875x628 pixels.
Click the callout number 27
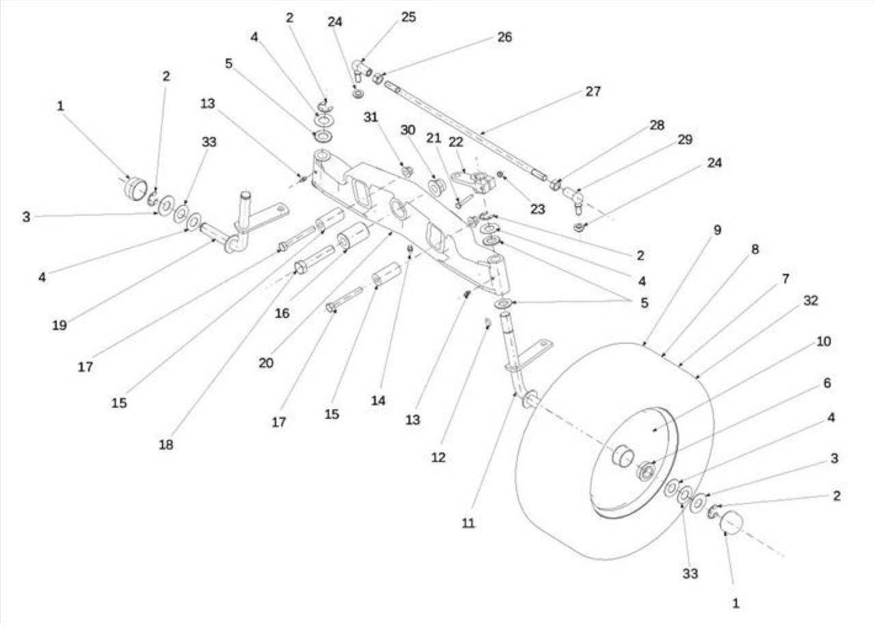point(593,92)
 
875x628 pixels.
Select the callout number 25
point(408,17)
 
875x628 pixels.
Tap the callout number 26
point(504,37)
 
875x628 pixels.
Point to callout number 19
point(59,325)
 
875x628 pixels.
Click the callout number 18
point(166,444)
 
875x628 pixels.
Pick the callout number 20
point(266,363)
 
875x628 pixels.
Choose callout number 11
point(468,523)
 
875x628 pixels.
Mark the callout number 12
point(438,457)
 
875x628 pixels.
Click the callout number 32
point(811,300)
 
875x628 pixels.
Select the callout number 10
point(824,342)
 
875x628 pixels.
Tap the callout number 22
point(456,142)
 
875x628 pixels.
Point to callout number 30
point(408,130)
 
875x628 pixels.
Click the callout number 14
point(378,400)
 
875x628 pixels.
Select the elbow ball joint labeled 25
point(362,70)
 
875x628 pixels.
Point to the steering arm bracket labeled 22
point(474,182)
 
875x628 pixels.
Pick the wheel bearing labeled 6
point(646,471)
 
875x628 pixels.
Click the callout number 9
point(717,230)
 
